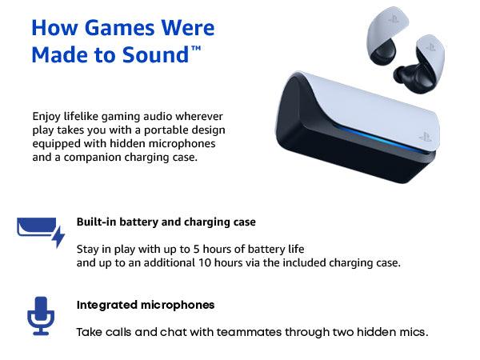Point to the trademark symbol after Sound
196,49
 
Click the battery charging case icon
37,229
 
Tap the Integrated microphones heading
146,305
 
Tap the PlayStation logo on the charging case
425,137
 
